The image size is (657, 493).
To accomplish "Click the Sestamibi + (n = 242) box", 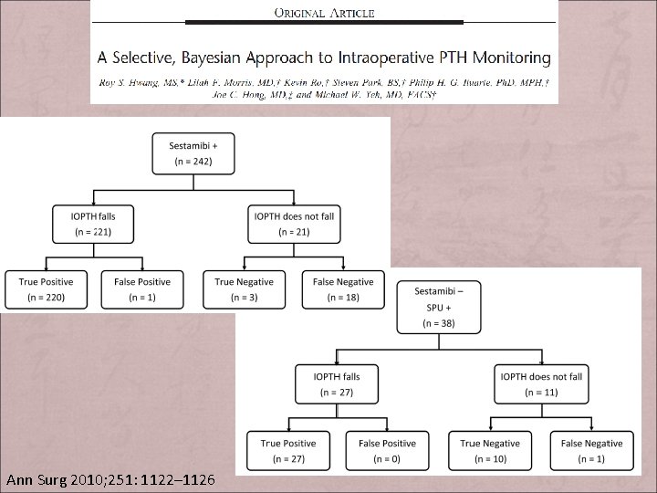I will click(193, 153).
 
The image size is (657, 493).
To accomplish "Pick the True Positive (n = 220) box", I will click(46, 289).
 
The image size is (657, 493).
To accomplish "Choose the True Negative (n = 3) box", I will click(243, 289).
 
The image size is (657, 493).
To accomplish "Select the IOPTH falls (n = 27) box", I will click(337, 384).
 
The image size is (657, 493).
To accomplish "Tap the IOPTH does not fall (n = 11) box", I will click(542, 384).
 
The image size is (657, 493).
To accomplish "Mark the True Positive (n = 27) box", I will click(288, 451).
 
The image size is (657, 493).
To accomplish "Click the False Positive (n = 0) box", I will click(387, 451).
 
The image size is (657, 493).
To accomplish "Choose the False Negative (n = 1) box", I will click(591, 451).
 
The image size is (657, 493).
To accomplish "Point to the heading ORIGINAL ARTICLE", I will click(324, 13).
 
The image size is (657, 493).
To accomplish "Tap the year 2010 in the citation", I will click(86, 479).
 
